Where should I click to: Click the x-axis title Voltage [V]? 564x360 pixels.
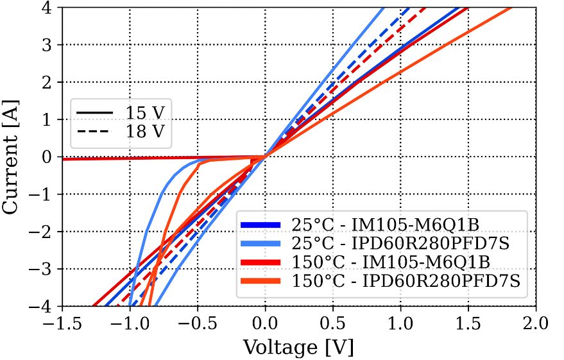coord(298,347)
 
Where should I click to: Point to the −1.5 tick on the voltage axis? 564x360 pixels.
coord(62,321)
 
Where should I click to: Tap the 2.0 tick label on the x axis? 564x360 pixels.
coord(536,321)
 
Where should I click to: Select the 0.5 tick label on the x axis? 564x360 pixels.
coord(333,321)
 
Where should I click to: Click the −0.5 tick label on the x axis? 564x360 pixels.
coord(197,321)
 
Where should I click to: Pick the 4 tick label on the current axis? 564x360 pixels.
coord(49,8)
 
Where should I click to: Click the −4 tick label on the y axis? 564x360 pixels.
coord(43,306)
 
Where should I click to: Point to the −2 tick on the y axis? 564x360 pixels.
coord(43,232)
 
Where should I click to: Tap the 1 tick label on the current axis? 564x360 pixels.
coord(49,119)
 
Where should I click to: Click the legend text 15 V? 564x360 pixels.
coord(144,114)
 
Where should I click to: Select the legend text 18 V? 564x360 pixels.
coord(144,132)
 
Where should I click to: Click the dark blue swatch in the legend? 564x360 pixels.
coord(261,225)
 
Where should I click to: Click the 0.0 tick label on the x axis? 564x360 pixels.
coord(265,321)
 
